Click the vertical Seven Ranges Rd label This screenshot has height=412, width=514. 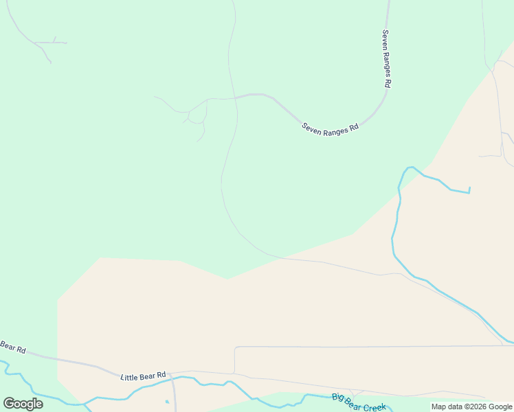point(386,58)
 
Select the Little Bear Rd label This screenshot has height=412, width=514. point(143,376)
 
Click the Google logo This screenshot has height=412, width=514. point(23,404)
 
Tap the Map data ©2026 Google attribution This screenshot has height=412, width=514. point(471,407)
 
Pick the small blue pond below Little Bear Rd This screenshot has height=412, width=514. point(167,402)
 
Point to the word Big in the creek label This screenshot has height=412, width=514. point(337,397)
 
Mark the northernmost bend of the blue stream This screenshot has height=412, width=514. point(410,167)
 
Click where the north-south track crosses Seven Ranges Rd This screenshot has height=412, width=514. point(236,98)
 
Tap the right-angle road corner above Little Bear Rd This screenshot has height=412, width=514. point(236,348)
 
